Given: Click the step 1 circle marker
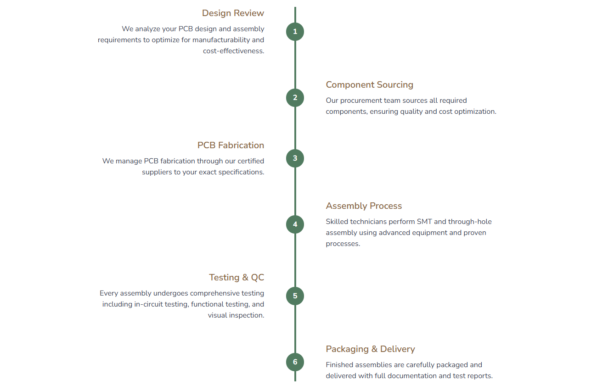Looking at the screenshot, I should [x=295, y=32].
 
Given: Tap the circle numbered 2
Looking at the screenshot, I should [x=295, y=98].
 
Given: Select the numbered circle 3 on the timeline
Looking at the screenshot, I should [x=295, y=158].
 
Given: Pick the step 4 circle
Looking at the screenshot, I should [x=295, y=224].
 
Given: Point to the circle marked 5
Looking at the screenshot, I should [x=295, y=296].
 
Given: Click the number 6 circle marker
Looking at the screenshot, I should [x=295, y=362].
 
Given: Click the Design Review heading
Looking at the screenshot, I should [x=233, y=13].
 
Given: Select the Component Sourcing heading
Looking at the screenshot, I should [x=369, y=85].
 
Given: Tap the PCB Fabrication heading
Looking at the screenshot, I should [x=231, y=145].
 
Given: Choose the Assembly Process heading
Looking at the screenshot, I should [x=364, y=206].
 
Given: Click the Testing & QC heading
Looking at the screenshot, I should [x=236, y=278].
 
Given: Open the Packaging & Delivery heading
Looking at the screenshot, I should [x=370, y=349].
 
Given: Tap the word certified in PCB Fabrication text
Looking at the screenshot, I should [x=251, y=161].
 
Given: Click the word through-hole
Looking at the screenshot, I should [x=470, y=222].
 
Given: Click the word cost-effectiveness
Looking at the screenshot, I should [x=233, y=51].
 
